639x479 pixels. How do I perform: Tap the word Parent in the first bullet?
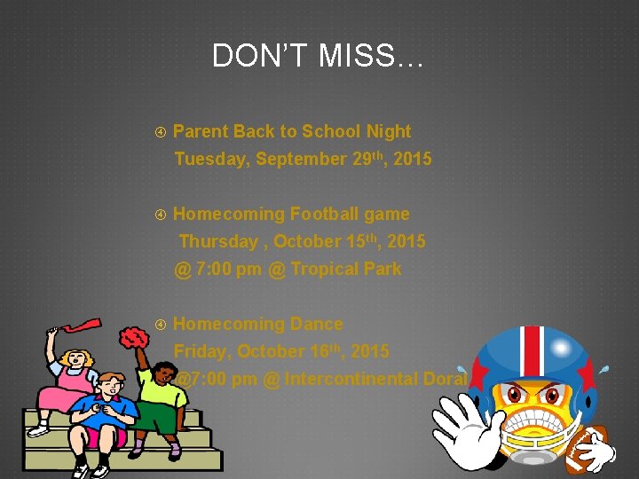coord(201,132)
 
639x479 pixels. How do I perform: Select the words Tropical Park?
coord(345,269)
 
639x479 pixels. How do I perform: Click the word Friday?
coord(202,351)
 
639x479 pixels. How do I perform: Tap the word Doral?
coord(446,379)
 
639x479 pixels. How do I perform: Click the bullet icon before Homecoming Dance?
coord(161,325)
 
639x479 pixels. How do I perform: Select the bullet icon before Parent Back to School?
coord(161,132)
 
